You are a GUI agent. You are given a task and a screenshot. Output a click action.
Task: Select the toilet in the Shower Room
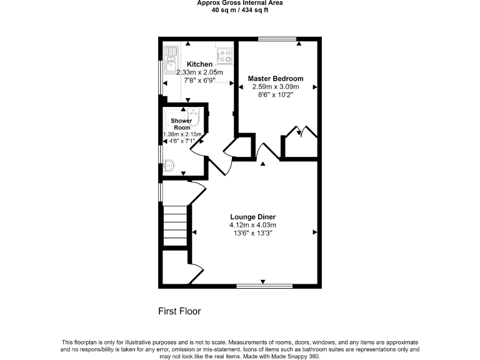195,119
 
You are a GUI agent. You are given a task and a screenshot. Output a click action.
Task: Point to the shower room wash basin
169,166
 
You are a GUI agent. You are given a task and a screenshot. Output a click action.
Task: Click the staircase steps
175,227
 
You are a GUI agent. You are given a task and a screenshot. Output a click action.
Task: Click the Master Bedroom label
276,79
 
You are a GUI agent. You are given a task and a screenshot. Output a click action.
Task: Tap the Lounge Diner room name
252,217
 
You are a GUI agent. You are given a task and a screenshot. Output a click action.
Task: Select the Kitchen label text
199,64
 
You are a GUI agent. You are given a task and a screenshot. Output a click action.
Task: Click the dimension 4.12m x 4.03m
252,225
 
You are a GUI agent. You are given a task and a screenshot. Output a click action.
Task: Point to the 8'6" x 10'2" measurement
276,95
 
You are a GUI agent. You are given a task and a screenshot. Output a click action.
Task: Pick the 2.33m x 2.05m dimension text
199,72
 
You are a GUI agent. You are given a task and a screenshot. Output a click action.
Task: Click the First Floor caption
179,311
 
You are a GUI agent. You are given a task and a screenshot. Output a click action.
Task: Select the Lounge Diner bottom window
262,286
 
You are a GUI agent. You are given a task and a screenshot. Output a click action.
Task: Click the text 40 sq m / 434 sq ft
239,9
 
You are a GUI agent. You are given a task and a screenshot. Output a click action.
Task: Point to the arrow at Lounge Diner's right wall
314,232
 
